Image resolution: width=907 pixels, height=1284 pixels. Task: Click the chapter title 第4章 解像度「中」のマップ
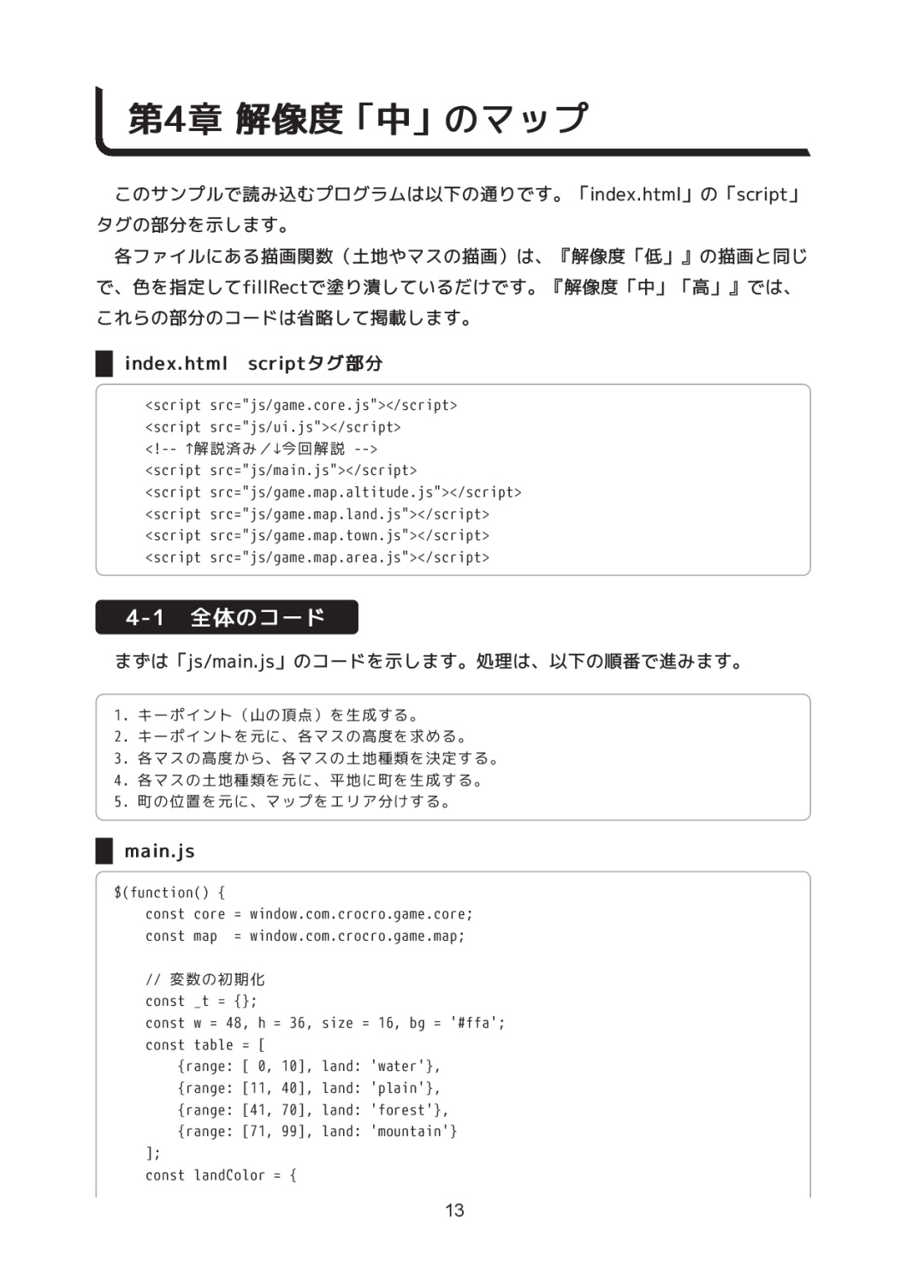[x=358, y=119]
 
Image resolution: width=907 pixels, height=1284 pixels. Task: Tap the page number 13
[x=454, y=1210]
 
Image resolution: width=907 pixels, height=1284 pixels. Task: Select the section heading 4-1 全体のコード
[x=226, y=617]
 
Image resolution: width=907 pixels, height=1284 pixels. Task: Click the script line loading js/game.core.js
[x=300, y=406]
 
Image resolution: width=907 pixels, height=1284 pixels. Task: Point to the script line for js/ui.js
[x=272, y=427]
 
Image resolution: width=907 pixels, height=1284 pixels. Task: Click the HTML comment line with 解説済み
[x=261, y=449]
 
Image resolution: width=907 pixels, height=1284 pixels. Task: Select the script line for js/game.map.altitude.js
[x=333, y=492]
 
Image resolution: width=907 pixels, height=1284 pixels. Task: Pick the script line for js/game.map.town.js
[x=317, y=536]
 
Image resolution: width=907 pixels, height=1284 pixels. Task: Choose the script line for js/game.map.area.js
[x=317, y=557]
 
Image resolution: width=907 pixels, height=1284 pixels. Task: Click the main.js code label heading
[x=159, y=851]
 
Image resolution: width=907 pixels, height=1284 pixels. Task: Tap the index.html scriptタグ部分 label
[x=253, y=364]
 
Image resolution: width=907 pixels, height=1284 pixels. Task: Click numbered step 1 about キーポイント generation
[x=266, y=715]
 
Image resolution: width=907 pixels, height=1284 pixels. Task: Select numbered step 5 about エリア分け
[x=282, y=802]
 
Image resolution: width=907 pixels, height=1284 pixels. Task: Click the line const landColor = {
[x=221, y=1175]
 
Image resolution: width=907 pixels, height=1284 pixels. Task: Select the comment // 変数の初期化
[x=205, y=979]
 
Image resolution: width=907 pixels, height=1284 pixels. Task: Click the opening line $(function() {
[x=169, y=893]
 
